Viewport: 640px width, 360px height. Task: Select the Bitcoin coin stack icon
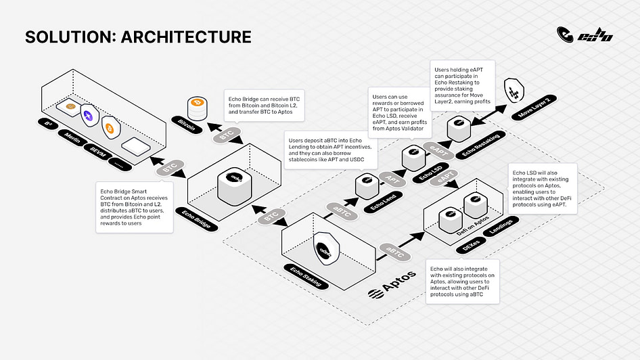198,106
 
